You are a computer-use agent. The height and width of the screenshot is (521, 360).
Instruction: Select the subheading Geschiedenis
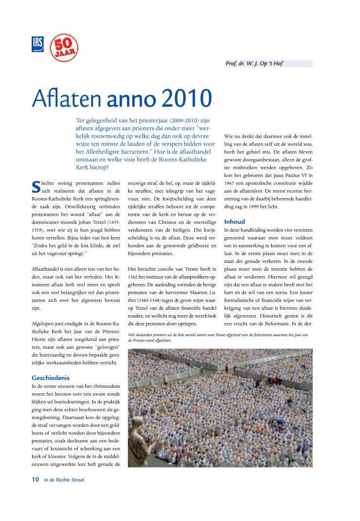pyautogui.click(x=51, y=378)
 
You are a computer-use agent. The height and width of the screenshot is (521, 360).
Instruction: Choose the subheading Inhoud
pyautogui.click(x=235, y=221)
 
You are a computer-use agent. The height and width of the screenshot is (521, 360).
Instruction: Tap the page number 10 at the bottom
pyautogui.click(x=35, y=480)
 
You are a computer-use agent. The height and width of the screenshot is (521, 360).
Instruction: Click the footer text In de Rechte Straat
pyautogui.click(x=64, y=480)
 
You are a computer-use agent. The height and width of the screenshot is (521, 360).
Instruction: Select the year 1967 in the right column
pyautogui.click(x=231, y=182)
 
